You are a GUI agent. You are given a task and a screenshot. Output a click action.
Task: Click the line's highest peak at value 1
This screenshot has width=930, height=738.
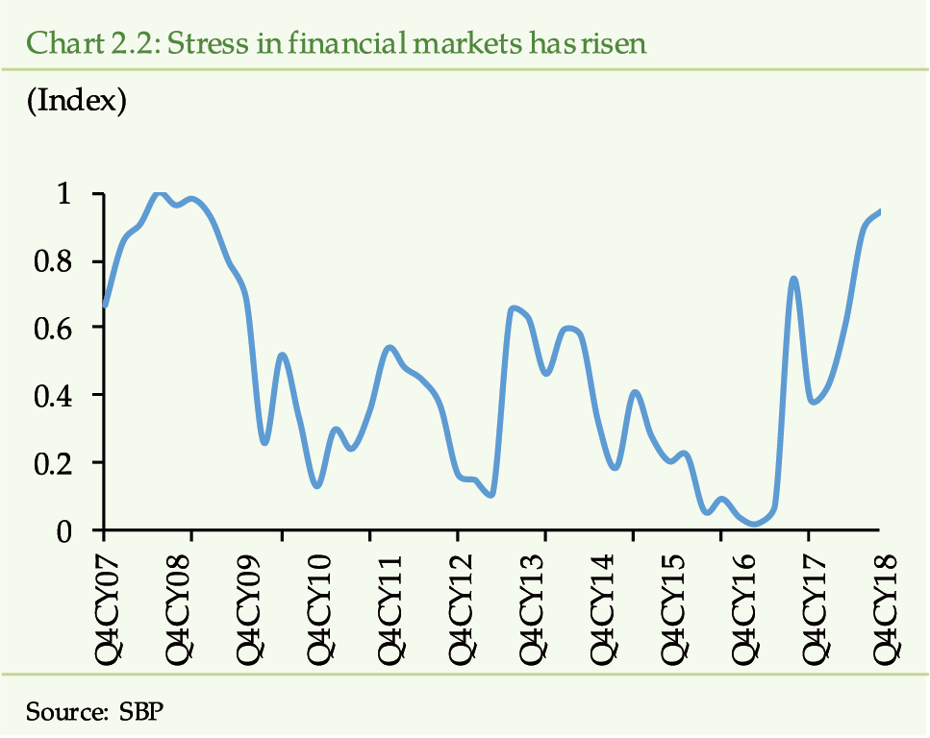click(160, 194)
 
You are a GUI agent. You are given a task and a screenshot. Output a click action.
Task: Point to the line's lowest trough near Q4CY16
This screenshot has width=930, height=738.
click(755, 524)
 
